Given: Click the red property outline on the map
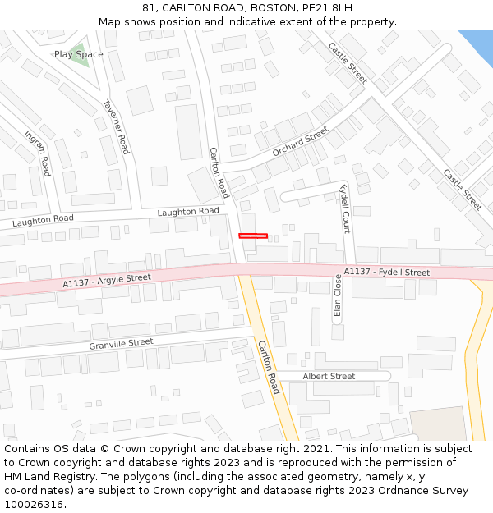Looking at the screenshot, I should [x=253, y=236].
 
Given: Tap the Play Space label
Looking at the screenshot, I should [x=79, y=54].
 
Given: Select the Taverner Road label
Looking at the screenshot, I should [x=116, y=127].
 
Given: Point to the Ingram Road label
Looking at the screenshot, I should [x=38, y=153].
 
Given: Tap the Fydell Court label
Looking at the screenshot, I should [x=345, y=208].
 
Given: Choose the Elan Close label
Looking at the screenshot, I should [x=337, y=295].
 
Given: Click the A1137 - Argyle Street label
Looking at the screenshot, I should [x=107, y=281].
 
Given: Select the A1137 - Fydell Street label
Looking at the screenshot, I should [x=386, y=272].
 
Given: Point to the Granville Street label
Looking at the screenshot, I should [x=121, y=343].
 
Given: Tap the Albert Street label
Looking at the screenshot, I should [x=329, y=376].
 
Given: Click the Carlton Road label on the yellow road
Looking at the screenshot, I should [x=269, y=367].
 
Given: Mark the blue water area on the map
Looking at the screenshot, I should [x=477, y=45].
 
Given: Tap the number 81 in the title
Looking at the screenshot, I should [x=148, y=7].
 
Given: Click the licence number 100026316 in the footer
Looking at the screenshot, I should [x=35, y=505].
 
